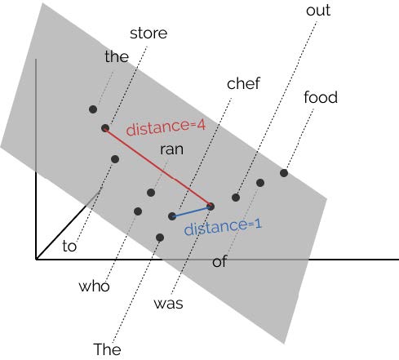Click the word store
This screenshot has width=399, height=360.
point(149,33)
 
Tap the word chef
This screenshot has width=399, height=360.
point(243,83)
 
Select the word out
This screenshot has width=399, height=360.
point(318,11)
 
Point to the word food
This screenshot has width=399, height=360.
point(321,97)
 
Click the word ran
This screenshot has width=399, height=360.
point(171,149)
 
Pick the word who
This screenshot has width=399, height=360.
point(94,286)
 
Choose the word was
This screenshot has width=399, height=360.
point(168,304)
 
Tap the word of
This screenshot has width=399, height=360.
point(219,261)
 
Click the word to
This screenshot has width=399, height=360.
point(69,246)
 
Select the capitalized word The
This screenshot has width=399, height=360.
point(107,349)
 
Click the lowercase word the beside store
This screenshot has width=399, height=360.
point(117,56)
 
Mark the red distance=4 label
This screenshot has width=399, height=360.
point(166,127)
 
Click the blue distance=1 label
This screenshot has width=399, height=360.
point(223,227)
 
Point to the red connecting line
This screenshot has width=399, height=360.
point(158,167)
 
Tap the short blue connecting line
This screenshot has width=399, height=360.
point(191,211)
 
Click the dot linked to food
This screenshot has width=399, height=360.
point(284,173)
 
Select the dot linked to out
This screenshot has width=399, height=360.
point(236,198)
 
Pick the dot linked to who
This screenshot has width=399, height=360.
point(138,211)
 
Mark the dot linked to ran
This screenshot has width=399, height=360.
point(151,193)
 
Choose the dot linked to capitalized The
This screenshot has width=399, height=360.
point(160,238)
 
